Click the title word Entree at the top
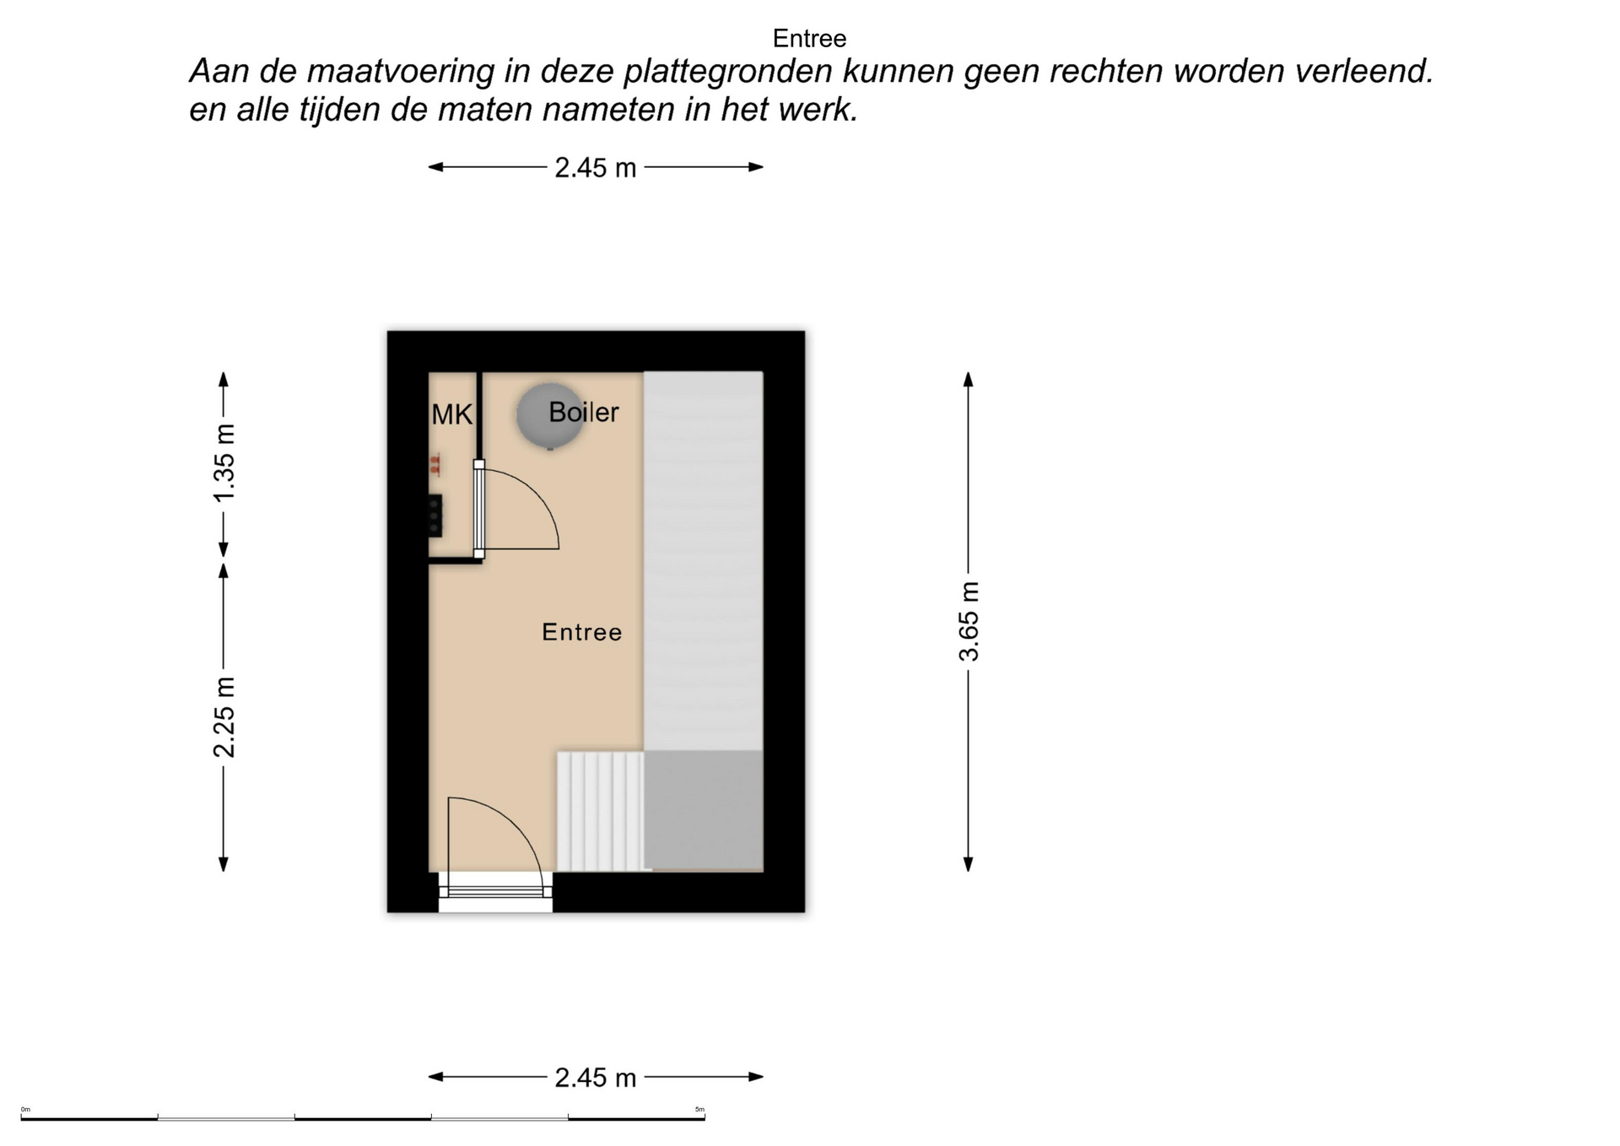(x=809, y=38)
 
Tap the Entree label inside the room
(x=581, y=632)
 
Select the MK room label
(x=451, y=414)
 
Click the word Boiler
(x=584, y=412)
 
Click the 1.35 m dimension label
(x=224, y=463)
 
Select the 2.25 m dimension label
(x=224, y=717)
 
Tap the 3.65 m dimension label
(x=969, y=622)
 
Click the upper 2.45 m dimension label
(x=595, y=168)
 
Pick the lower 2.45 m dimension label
(x=595, y=1078)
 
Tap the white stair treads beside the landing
(x=600, y=811)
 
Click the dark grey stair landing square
(x=704, y=810)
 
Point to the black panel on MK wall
(x=435, y=516)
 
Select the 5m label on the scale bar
(x=699, y=1110)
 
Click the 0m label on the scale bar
(x=25, y=1110)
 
